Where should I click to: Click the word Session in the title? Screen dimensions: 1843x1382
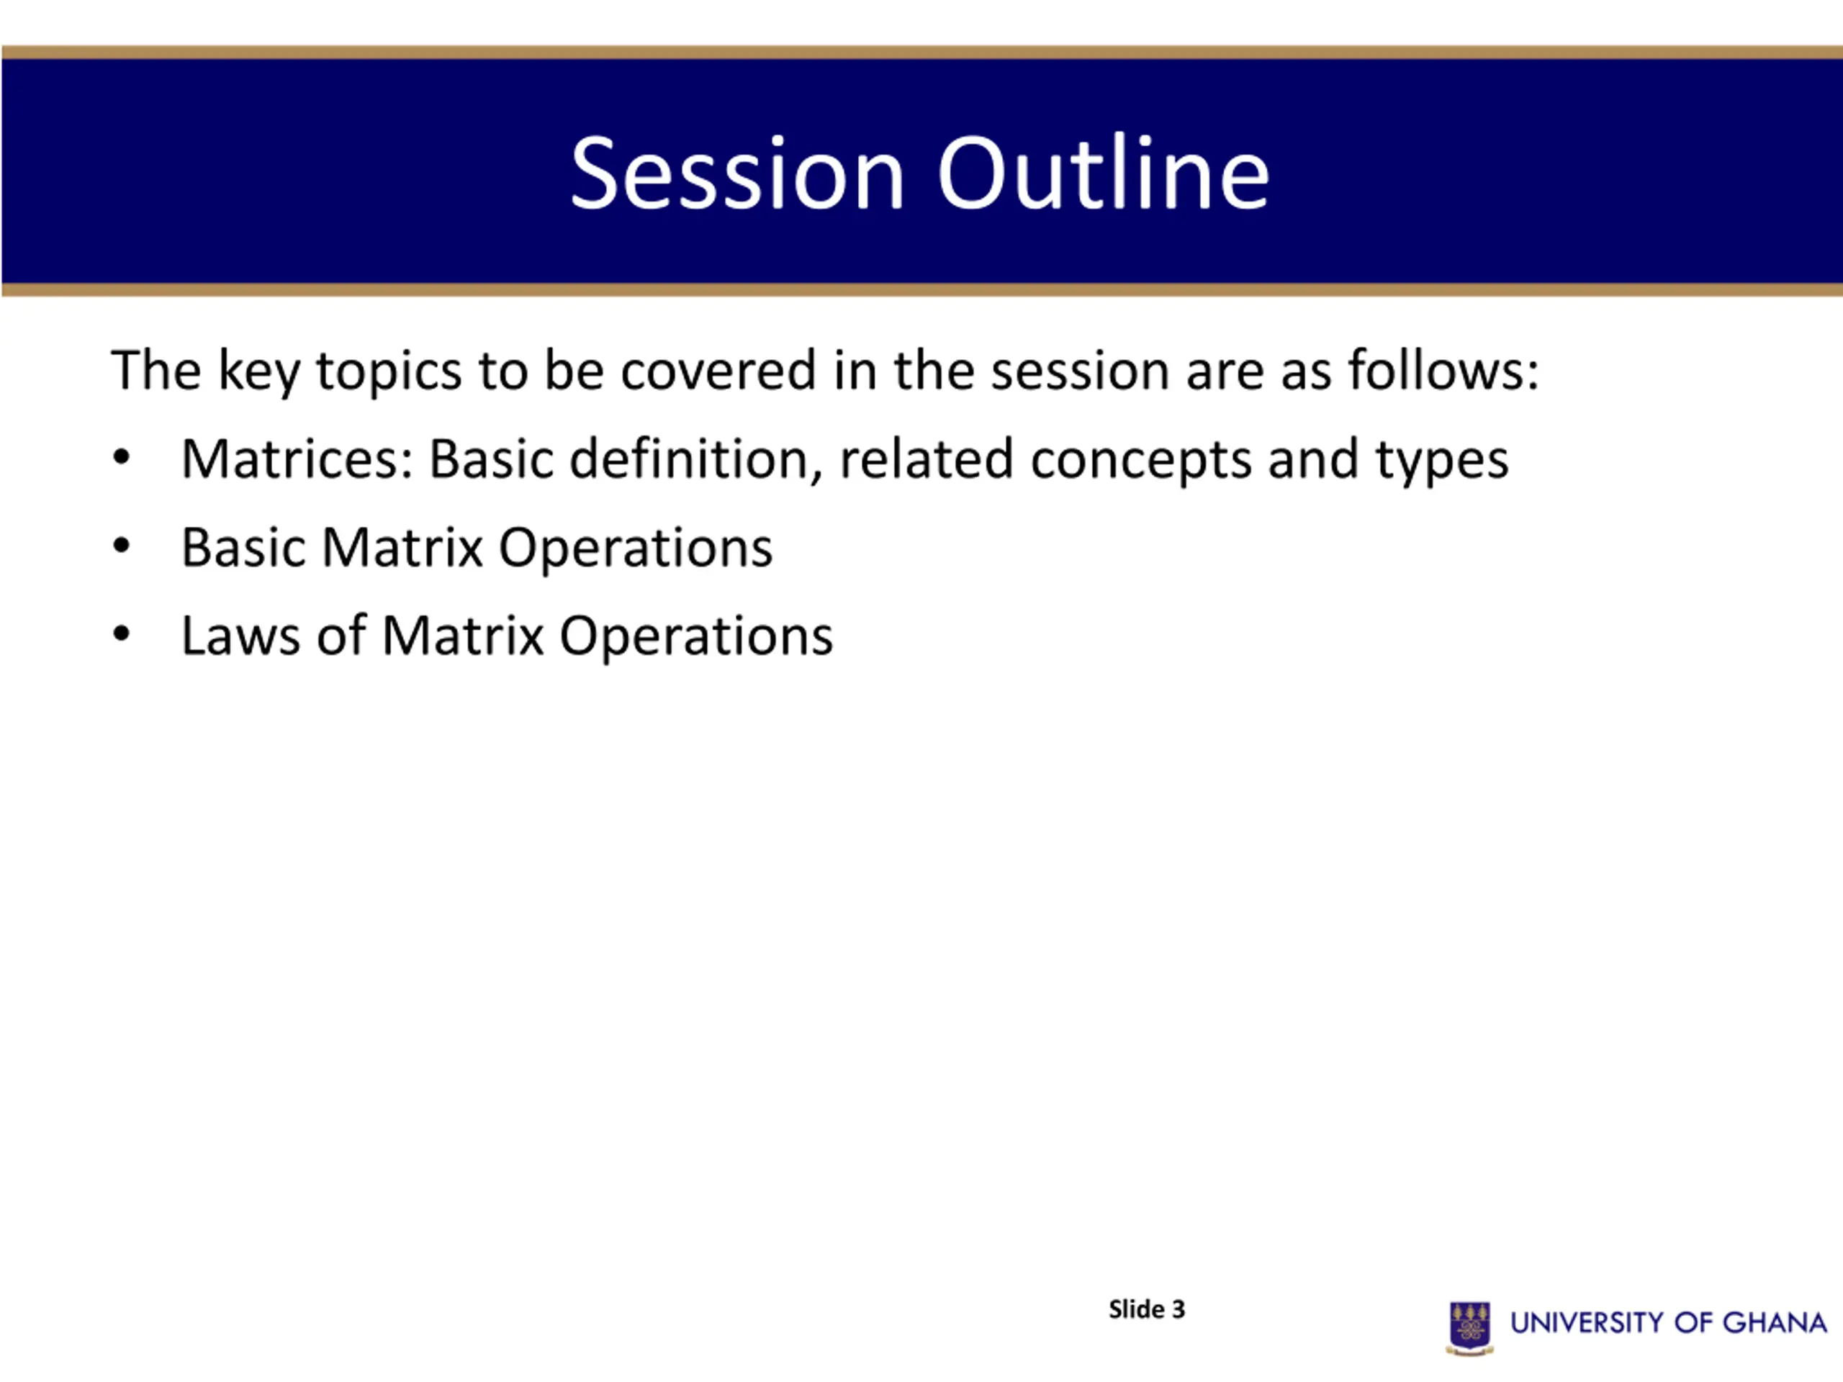pos(738,173)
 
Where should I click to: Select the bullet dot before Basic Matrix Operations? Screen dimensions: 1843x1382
pos(122,546)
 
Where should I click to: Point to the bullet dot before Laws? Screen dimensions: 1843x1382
pos(122,635)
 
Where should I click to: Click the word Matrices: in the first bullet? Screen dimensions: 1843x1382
pos(297,459)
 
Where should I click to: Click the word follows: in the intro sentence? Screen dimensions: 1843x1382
pos(1443,370)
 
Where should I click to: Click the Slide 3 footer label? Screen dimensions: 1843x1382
pos(1146,1309)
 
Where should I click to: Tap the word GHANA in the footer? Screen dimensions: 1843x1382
pos(1775,1323)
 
